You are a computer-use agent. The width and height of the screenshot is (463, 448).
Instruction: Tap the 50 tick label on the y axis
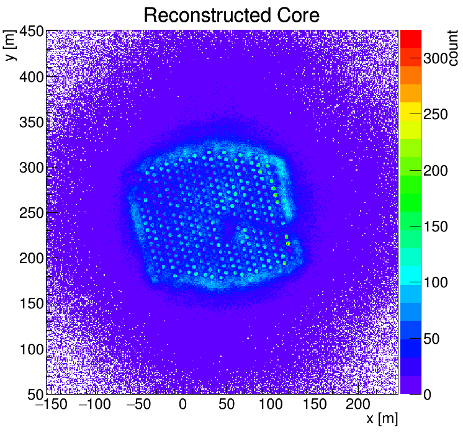click(x=34, y=394)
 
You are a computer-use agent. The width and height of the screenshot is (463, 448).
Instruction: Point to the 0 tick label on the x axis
click(x=182, y=405)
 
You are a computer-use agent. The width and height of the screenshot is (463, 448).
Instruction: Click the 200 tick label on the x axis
click(x=358, y=405)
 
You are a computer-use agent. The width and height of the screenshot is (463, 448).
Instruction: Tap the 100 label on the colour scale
click(x=436, y=283)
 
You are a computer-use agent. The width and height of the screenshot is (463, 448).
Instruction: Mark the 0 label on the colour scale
click(x=428, y=395)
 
